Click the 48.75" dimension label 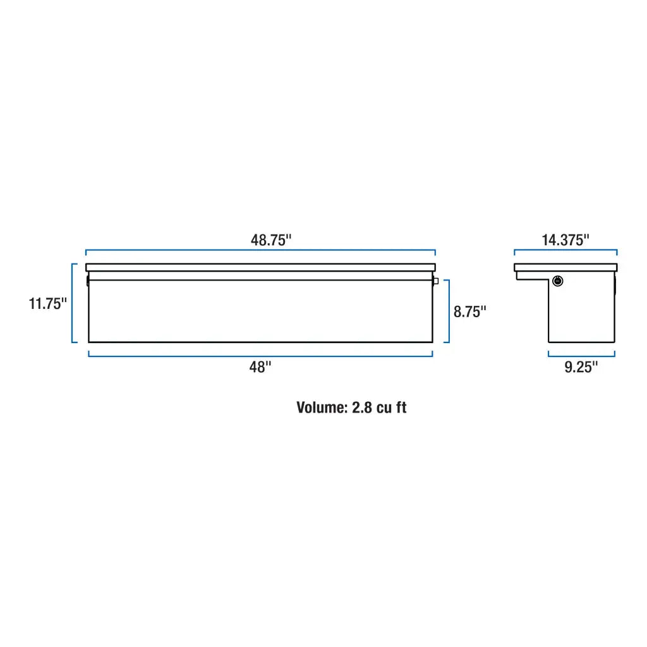pyautogui.click(x=270, y=240)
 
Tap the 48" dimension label pyautogui.click(x=260, y=367)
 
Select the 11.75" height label pyautogui.click(x=47, y=303)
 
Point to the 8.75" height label pyautogui.click(x=470, y=311)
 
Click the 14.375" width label pyautogui.click(x=565, y=240)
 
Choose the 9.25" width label pyautogui.click(x=581, y=367)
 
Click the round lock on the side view pyautogui.click(x=558, y=281)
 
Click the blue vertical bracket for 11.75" pyautogui.click(x=72, y=303)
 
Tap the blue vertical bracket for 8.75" pyautogui.click(x=449, y=311)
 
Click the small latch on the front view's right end pyautogui.click(x=435, y=281)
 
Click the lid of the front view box pyautogui.click(x=260, y=267)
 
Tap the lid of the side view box pyautogui.click(x=565, y=267)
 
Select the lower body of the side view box pyautogui.click(x=581, y=316)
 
